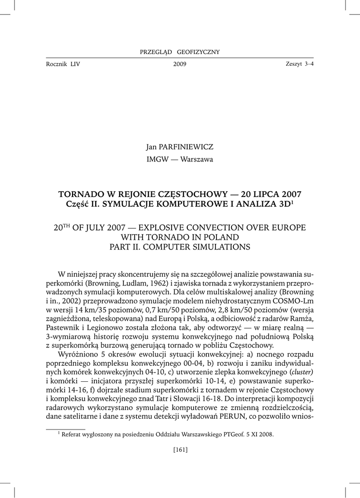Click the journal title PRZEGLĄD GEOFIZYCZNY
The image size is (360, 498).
(x=180, y=52)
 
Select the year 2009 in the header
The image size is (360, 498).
(x=180, y=64)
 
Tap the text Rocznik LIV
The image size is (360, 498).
(x=63, y=64)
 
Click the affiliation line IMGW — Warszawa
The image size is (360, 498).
(x=180, y=159)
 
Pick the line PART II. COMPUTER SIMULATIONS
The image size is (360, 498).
(x=180, y=247)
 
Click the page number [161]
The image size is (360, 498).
(x=180, y=449)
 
